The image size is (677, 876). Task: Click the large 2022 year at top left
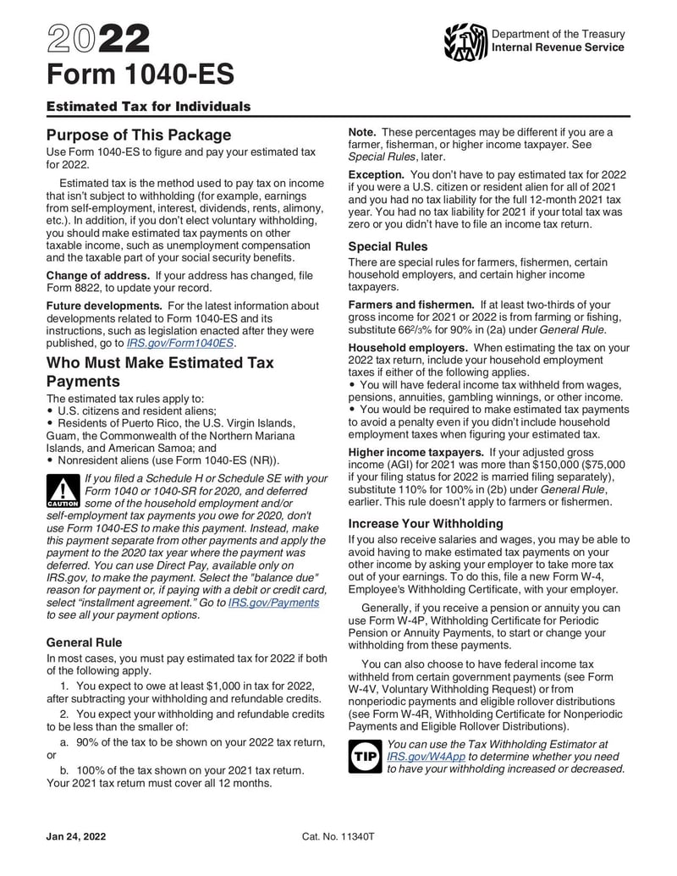click(x=98, y=38)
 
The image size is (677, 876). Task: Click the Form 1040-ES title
click(x=140, y=75)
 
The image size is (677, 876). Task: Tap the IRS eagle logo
click(x=465, y=41)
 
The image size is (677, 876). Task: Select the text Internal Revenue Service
click(x=558, y=47)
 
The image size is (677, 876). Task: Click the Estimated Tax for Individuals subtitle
click(x=148, y=107)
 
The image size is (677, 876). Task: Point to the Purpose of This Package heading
click(x=138, y=135)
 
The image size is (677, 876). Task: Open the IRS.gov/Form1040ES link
click(x=180, y=344)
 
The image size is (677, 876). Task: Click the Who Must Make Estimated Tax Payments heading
click(x=160, y=372)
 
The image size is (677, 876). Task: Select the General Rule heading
click(x=84, y=642)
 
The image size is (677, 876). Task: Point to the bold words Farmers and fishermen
click(x=411, y=305)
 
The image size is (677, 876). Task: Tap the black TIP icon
click(x=365, y=755)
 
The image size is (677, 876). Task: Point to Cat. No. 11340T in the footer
click(x=338, y=836)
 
